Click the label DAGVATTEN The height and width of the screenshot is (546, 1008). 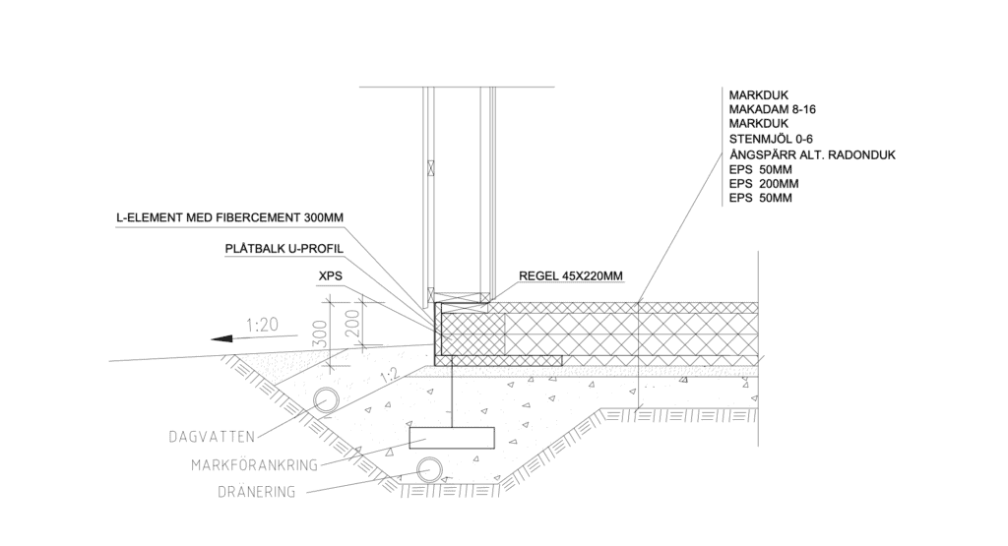click(x=213, y=438)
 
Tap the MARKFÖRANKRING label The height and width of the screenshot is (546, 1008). click(x=255, y=465)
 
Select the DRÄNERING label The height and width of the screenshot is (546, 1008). click(x=257, y=493)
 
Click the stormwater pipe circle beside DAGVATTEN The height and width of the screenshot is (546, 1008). click(x=327, y=401)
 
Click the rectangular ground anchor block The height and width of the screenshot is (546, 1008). click(x=452, y=438)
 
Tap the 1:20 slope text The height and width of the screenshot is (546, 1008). click(x=262, y=325)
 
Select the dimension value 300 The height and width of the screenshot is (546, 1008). click(x=322, y=334)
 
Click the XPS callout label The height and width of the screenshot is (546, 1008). click(x=331, y=276)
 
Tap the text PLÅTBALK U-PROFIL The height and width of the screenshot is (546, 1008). click(x=284, y=249)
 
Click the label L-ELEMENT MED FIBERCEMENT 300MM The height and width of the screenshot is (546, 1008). click(x=229, y=217)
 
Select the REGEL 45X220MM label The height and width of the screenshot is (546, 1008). click(x=571, y=276)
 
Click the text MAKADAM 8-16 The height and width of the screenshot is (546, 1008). click(x=772, y=109)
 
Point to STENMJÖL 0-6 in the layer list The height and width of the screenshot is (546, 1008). click(x=771, y=139)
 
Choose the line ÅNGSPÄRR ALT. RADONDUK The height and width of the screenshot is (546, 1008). click(x=812, y=154)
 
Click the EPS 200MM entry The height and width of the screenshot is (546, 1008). click(x=764, y=184)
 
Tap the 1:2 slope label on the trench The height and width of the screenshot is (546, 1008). click(x=389, y=375)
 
